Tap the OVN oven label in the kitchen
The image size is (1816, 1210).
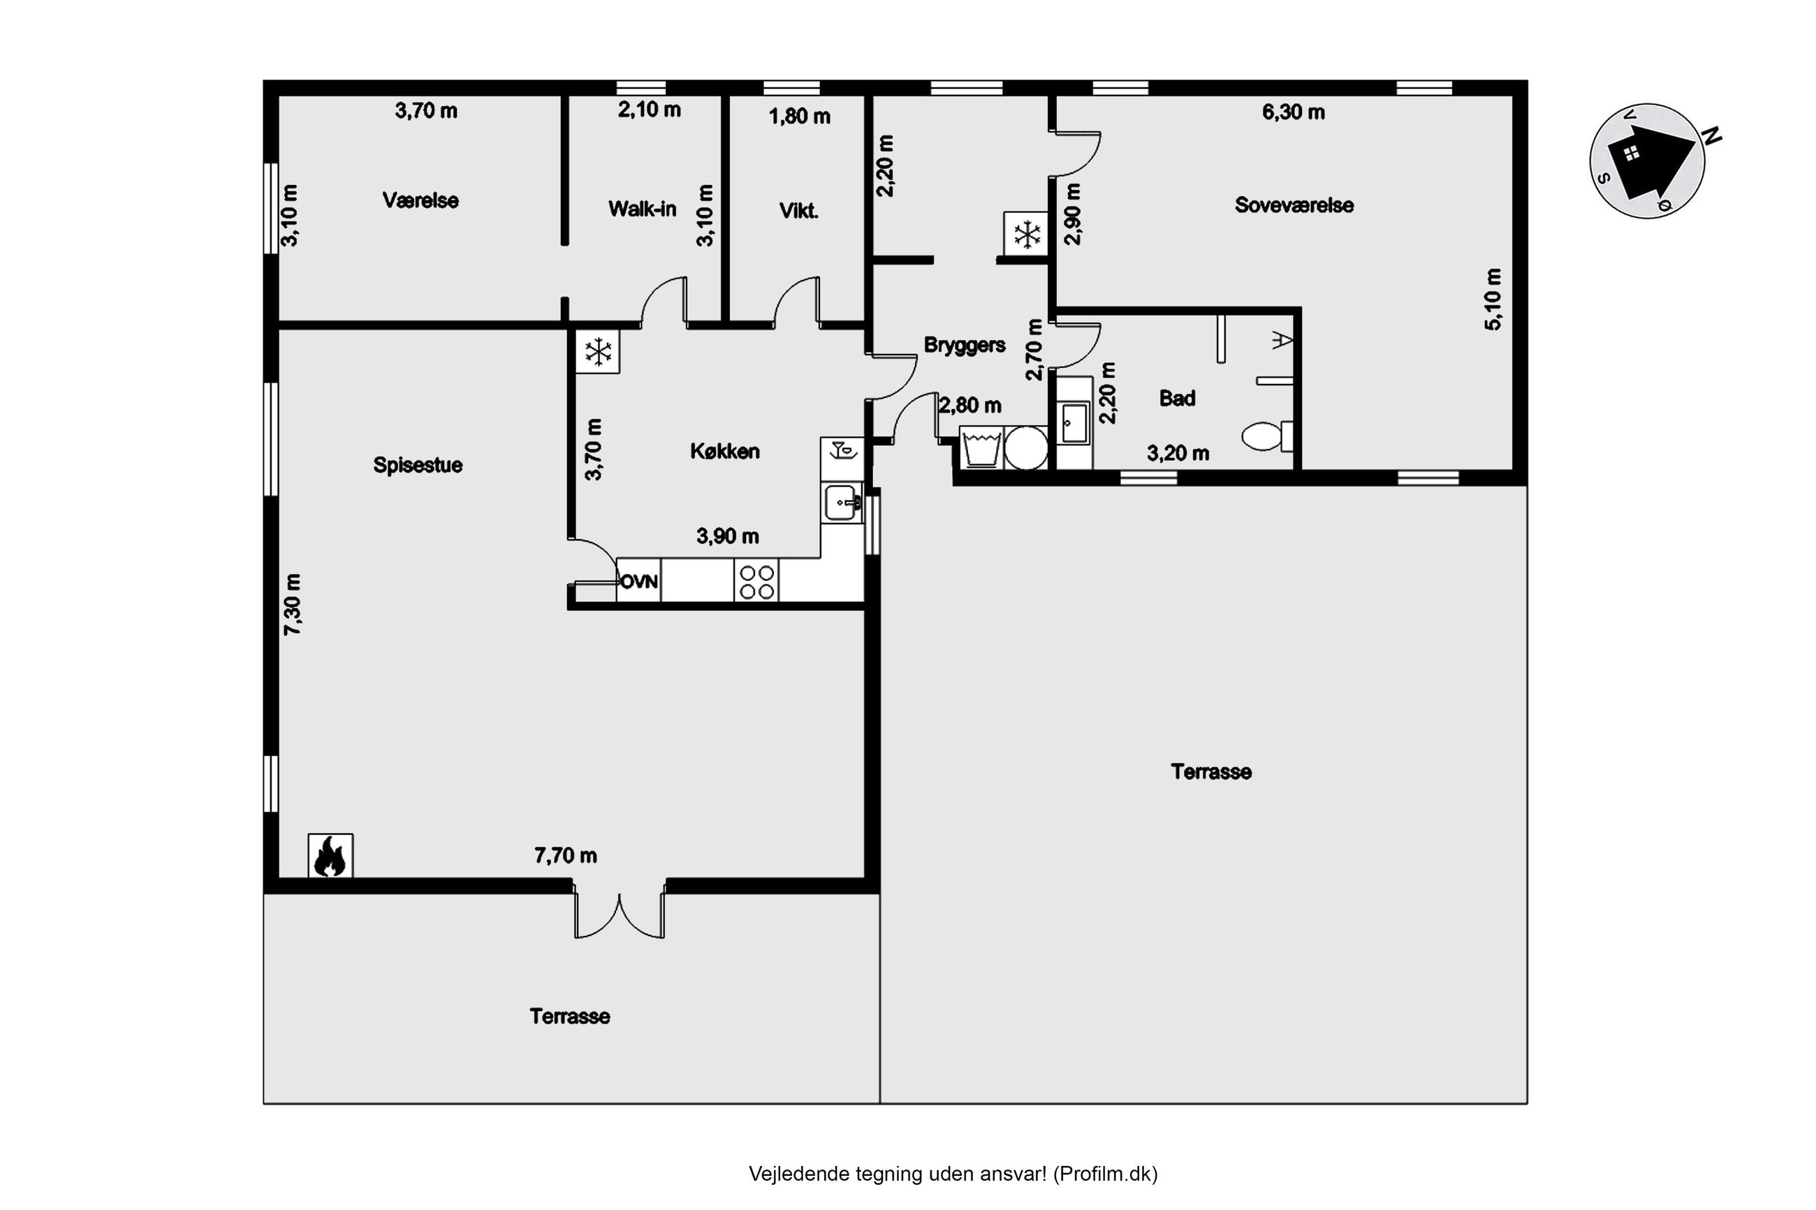pos(638,581)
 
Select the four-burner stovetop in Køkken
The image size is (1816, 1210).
pos(756,581)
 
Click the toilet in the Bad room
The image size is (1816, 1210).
pos(1266,436)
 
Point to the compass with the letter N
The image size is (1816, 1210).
pos(1648,161)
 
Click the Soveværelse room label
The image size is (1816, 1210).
pos(1294,205)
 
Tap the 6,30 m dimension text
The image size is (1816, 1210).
pos(1294,112)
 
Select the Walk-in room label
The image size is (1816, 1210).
pos(642,209)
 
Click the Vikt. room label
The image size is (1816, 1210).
pos(799,212)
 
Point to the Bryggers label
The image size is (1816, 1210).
pos(965,345)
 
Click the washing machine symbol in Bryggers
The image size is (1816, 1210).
pos(981,448)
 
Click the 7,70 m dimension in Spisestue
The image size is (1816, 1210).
pos(566,856)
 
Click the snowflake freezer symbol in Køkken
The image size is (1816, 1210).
pos(597,353)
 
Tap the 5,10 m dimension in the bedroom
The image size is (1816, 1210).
pos(1493,300)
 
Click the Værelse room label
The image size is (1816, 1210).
pos(420,200)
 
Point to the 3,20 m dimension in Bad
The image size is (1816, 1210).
pos(1178,454)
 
